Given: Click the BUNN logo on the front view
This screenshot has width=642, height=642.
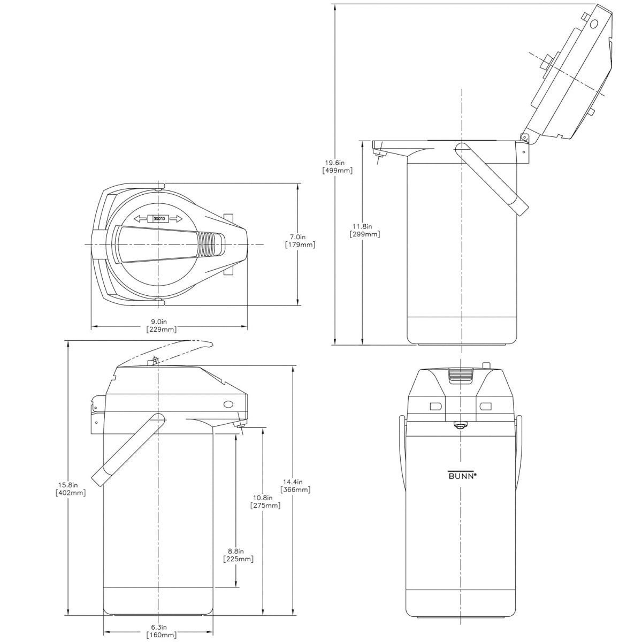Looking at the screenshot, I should click(x=461, y=474).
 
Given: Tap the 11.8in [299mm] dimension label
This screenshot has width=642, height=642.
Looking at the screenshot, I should click(x=365, y=230).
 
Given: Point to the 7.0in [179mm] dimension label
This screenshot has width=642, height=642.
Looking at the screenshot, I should click(x=300, y=241).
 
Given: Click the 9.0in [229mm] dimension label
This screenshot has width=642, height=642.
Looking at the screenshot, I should click(x=161, y=325).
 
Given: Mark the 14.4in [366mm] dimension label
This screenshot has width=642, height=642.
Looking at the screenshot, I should click(x=295, y=485).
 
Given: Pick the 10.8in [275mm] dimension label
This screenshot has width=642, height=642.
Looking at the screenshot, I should click(x=265, y=501).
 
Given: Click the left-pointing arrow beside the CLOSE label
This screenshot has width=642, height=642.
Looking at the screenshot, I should click(x=140, y=218).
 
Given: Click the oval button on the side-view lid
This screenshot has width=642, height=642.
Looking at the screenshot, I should click(x=228, y=404).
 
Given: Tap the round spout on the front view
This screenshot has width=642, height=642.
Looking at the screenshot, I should click(x=458, y=425).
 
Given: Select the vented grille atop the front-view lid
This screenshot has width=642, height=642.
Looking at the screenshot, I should click(x=460, y=376).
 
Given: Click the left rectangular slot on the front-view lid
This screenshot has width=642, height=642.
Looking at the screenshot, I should click(x=434, y=406).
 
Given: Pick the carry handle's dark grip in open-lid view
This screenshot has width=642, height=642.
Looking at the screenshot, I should click(x=518, y=204).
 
